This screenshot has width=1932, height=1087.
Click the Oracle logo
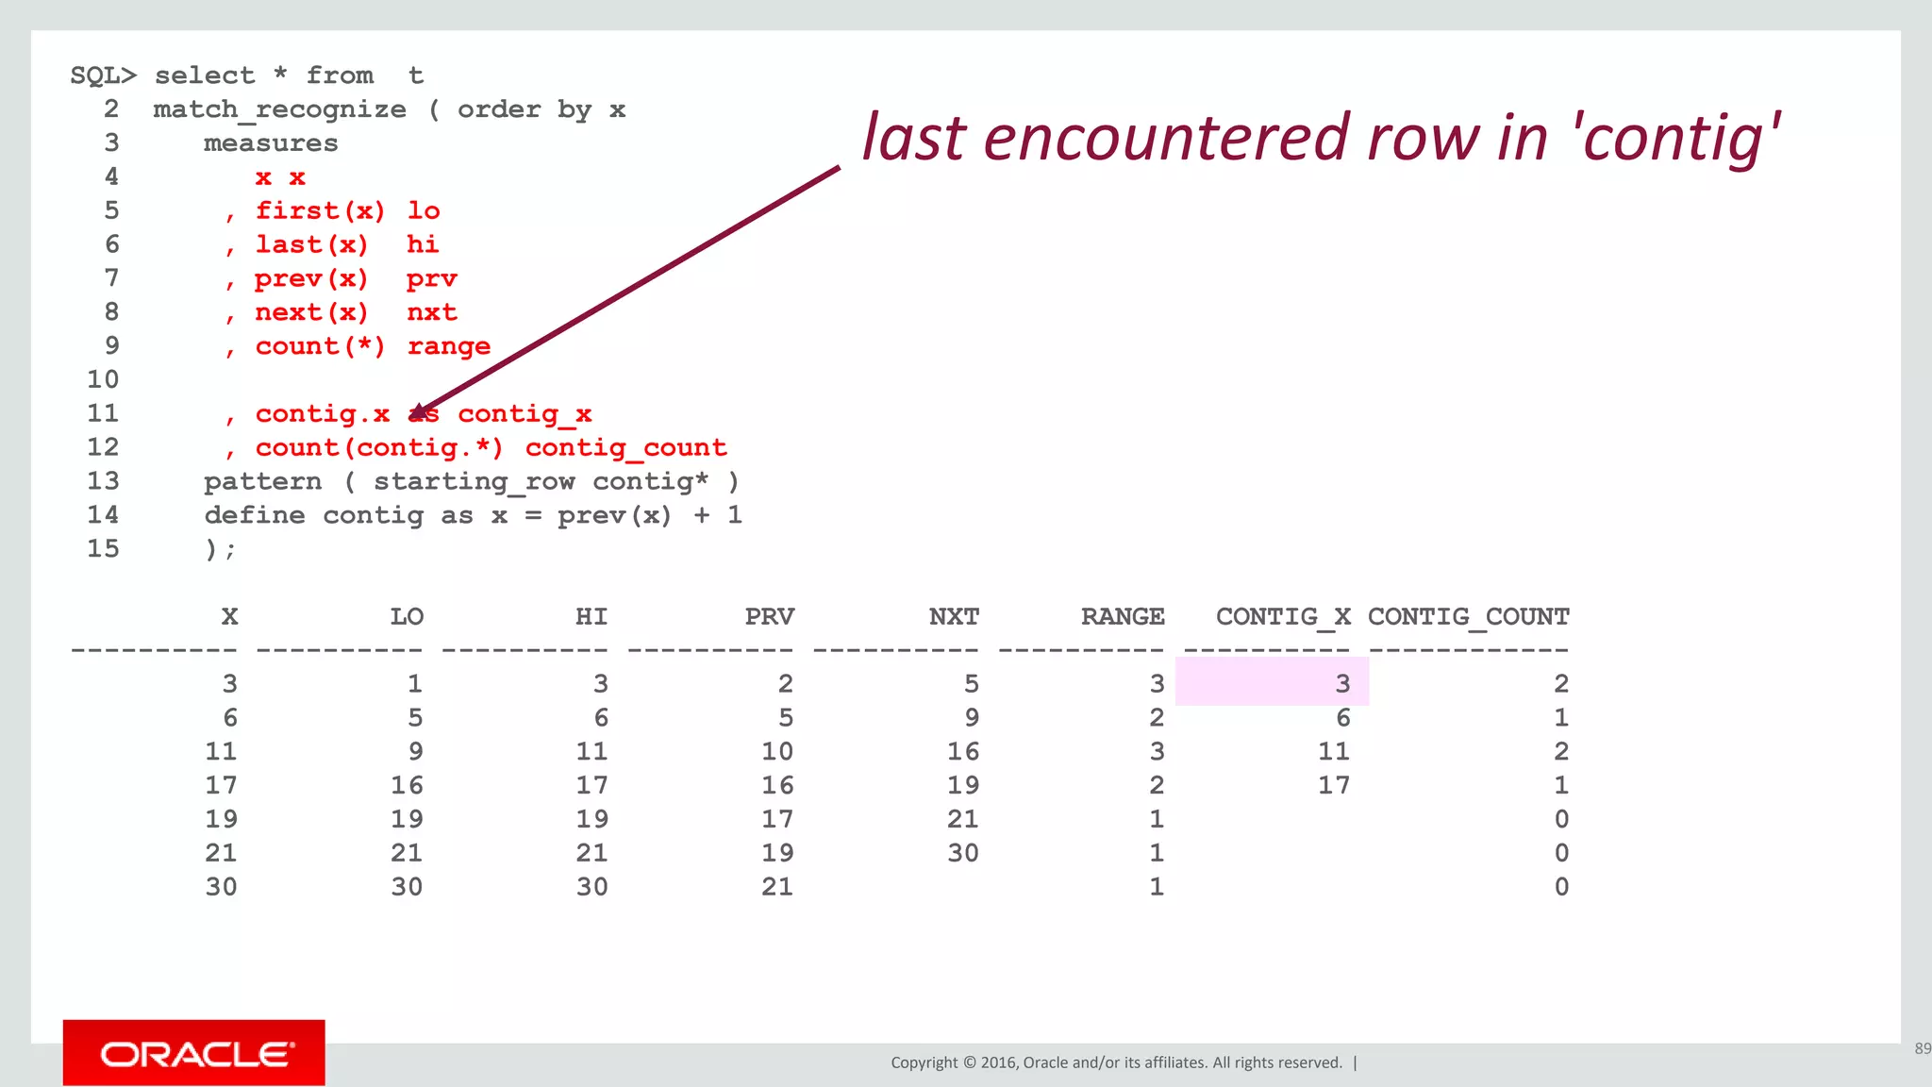(x=194, y=1053)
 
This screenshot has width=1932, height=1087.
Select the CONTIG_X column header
(x=1283, y=617)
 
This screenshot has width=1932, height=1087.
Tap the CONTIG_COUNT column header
(x=1468, y=617)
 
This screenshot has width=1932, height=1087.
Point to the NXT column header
(x=954, y=617)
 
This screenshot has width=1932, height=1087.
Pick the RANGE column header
(x=1123, y=617)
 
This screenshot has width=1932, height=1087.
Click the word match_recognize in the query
(x=279, y=110)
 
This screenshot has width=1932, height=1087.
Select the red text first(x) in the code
(x=320, y=211)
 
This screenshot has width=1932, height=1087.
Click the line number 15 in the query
(x=103, y=549)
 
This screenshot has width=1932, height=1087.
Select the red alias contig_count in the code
(x=625, y=448)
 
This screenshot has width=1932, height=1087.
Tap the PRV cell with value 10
(x=777, y=752)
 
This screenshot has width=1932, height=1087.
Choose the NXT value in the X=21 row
(x=962, y=853)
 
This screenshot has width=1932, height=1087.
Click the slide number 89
(x=1922, y=1048)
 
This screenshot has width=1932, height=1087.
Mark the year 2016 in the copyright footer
(x=998, y=1063)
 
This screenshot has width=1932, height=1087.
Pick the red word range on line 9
(x=448, y=347)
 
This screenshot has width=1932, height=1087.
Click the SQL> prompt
(x=103, y=76)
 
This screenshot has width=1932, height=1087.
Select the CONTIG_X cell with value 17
(x=1333, y=786)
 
